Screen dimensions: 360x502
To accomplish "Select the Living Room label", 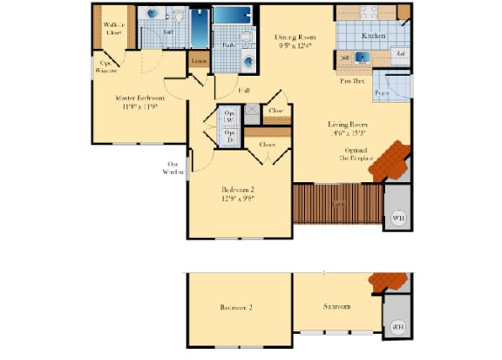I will (345, 125).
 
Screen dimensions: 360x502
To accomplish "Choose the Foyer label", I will (382, 92).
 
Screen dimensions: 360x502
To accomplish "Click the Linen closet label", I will (199, 60).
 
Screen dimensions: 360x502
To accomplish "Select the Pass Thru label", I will (352, 79).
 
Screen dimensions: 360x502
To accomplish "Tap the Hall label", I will (246, 90).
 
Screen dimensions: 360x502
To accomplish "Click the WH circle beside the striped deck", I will (398, 217).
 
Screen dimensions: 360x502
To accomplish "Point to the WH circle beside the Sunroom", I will (398, 327).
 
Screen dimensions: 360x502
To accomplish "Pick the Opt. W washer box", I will (230, 117).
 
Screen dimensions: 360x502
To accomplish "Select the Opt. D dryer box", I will (230, 136).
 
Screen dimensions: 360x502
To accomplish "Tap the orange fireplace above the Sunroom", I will (388, 282).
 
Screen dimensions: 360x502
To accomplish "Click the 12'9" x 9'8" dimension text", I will (237, 198).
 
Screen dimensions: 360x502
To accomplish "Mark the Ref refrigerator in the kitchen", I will (400, 54).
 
